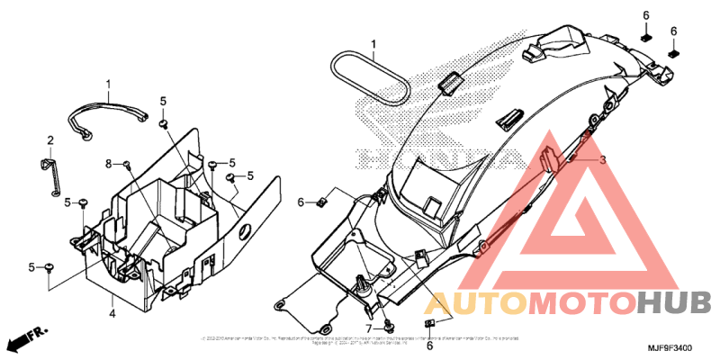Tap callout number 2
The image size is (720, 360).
(50, 139)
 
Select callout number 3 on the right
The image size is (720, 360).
(604, 158)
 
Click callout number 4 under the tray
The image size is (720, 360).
(112, 313)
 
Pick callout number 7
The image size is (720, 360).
(368, 328)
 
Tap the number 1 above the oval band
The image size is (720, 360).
(374, 43)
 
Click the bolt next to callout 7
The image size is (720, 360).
(388, 323)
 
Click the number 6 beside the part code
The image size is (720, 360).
(429, 346)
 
